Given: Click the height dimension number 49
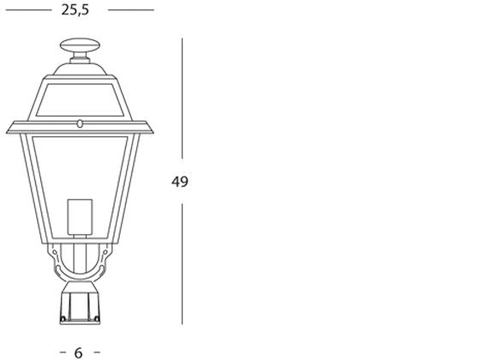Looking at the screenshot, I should (x=180, y=182).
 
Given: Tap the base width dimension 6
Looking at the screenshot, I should (x=79, y=351).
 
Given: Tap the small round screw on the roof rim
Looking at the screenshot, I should (x=81, y=123).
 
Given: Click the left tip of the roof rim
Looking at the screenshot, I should (x=9, y=129).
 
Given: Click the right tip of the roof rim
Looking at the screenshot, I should (x=153, y=129).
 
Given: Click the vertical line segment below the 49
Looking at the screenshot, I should (x=182, y=266).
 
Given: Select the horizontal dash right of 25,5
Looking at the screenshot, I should (x=130, y=10).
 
